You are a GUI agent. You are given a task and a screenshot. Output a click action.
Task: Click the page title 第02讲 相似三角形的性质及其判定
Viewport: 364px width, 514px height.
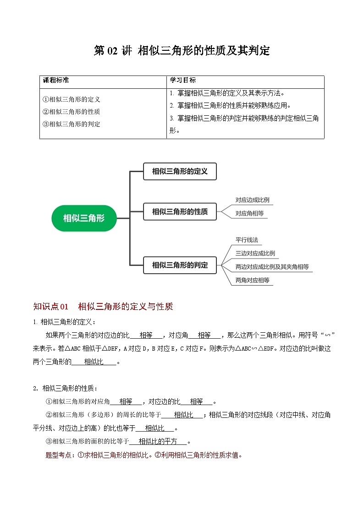click(x=182, y=51)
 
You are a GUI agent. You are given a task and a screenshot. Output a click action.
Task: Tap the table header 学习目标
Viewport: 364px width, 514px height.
click(x=182, y=80)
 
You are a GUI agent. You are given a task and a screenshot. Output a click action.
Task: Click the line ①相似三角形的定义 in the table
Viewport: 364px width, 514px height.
click(x=71, y=99)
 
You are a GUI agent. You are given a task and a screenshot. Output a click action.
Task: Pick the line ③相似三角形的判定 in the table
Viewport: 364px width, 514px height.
click(x=71, y=124)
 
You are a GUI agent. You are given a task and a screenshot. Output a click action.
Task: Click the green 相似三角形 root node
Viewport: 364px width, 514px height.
click(x=84, y=218)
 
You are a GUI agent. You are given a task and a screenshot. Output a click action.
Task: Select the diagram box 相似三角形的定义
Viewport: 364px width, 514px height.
click(x=179, y=171)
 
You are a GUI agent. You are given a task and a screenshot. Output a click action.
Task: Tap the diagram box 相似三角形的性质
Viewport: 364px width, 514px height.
click(x=179, y=211)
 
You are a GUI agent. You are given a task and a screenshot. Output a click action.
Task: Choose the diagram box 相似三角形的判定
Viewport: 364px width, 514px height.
click(x=179, y=265)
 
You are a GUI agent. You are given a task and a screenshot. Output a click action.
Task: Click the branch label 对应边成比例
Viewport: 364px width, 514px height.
click(x=252, y=200)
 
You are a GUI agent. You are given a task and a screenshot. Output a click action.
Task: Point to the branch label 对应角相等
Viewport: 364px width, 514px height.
click(x=249, y=213)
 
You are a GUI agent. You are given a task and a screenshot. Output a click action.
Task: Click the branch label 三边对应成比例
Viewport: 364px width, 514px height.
click(x=255, y=253)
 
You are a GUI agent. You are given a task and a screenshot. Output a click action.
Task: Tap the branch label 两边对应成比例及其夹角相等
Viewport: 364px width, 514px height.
click(x=272, y=266)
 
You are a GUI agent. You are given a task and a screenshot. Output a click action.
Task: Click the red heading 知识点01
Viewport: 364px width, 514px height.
click(x=51, y=307)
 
